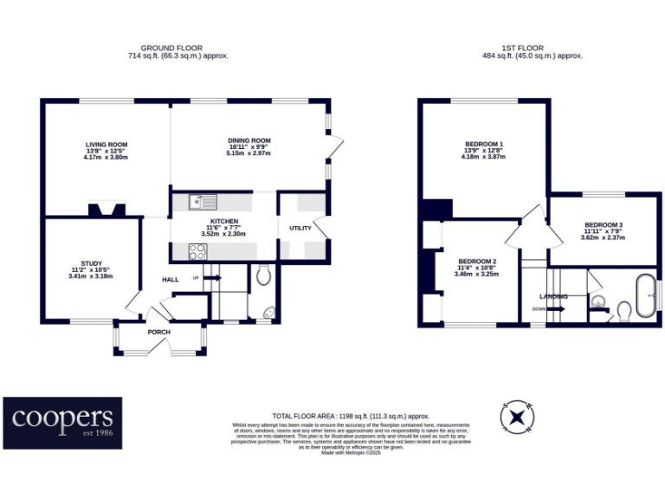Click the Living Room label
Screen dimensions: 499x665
click(106, 144)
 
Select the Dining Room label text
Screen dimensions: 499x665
click(249, 140)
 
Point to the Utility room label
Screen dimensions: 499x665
click(300, 229)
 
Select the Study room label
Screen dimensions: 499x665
click(91, 263)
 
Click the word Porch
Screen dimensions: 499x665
click(158, 332)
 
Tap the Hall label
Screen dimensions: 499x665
click(170, 279)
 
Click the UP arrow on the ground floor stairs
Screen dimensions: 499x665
click(213, 278)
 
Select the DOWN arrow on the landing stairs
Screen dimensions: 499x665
click(554, 308)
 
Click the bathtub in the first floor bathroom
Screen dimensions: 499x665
click(645, 297)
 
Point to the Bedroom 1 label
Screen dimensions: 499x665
click(483, 144)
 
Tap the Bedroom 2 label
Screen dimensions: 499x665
click(476, 262)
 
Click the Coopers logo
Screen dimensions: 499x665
click(62, 423)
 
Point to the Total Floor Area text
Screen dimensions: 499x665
click(351, 416)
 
